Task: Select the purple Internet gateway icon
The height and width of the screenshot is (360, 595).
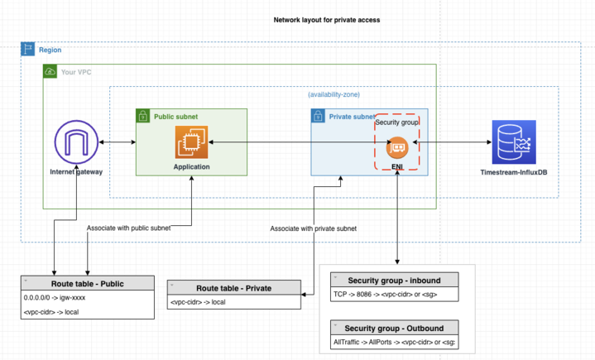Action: coord(75,142)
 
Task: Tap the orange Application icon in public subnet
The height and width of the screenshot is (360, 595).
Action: coord(191,142)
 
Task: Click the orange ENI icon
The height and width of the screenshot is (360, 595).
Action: coord(397,148)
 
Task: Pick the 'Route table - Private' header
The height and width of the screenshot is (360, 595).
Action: coord(234,288)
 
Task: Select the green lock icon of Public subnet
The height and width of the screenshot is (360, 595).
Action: coord(142,117)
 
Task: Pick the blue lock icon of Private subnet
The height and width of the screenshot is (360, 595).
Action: coord(318,117)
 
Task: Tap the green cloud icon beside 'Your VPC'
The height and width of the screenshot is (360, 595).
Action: coord(50,72)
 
